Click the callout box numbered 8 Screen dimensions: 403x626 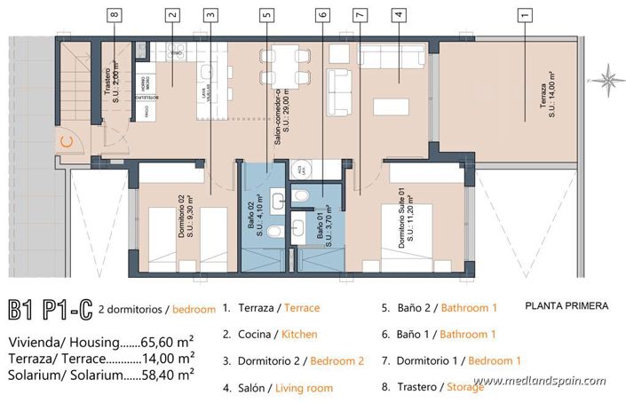113,14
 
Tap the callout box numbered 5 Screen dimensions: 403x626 267,14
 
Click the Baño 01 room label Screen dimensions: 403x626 324,229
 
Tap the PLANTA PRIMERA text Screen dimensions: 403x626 567,306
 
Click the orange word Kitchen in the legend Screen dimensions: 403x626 299,335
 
